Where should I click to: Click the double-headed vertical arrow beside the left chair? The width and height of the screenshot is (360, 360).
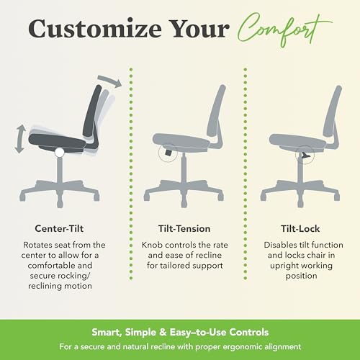coord(21,139)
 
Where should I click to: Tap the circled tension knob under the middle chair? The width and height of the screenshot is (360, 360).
coord(167,153)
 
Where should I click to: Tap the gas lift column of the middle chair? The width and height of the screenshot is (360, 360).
coord(180,168)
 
